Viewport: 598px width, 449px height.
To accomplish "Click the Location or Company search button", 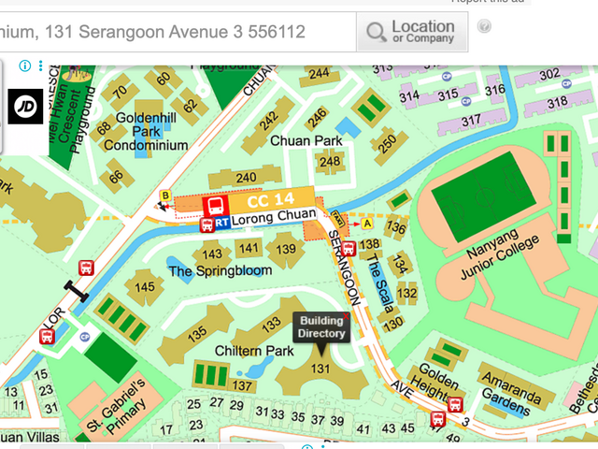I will pyautogui.click(x=411, y=33).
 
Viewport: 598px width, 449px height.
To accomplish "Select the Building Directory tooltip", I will pyautogui.click(x=321, y=327).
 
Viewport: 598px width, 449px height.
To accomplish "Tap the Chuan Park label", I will pyautogui.click(x=306, y=140).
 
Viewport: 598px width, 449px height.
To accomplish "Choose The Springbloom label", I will pyautogui.click(x=221, y=271).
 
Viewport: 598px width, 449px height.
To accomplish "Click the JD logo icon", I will pyautogui.click(x=25, y=105).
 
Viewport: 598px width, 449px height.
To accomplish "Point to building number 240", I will pyautogui.click(x=246, y=178).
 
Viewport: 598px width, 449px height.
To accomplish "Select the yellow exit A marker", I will pyautogui.click(x=367, y=224).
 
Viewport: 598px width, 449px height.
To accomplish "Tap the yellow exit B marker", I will pyautogui.click(x=166, y=195).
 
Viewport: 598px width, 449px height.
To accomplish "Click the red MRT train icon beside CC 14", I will pyautogui.click(x=215, y=203).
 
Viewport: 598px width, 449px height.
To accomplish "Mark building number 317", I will pyautogui.click(x=470, y=120).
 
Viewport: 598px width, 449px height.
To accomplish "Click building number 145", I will pyautogui.click(x=144, y=286).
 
